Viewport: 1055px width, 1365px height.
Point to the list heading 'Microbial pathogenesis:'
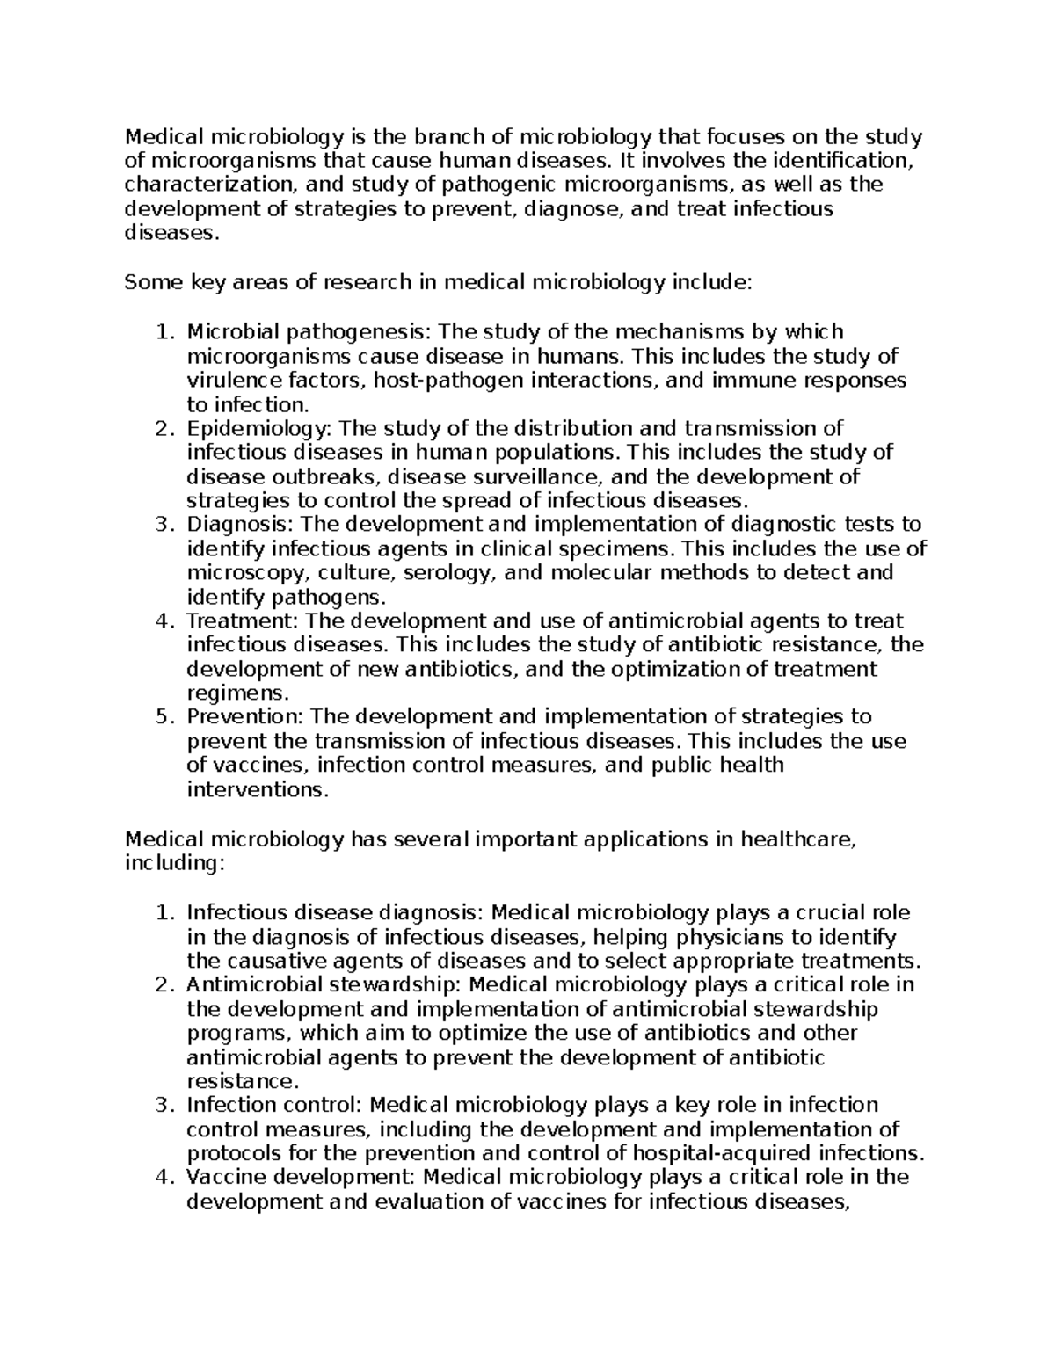coord(309,331)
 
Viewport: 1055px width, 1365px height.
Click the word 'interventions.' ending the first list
coord(258,789)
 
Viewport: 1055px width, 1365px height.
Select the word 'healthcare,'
coord(797,839)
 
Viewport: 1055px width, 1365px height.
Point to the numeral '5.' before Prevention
coord(164,717)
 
